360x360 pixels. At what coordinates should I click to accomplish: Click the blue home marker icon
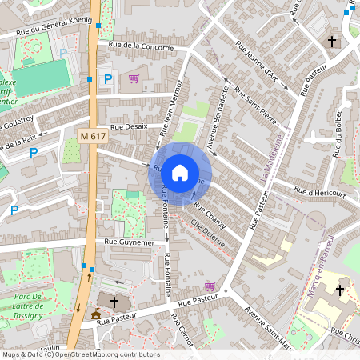coord(180,172)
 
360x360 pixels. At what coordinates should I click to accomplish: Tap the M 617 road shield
coord(94,137)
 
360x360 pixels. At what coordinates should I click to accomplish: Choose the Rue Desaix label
coord(128,126)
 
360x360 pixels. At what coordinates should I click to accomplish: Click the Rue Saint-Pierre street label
coord(254,112)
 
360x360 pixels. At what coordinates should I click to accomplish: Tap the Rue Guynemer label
coord(129,241)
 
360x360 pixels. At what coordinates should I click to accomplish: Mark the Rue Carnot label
coord(183,333)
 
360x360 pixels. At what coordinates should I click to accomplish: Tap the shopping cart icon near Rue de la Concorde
coord(134,78)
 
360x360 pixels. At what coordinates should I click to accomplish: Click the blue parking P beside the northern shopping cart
coord(108,79)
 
